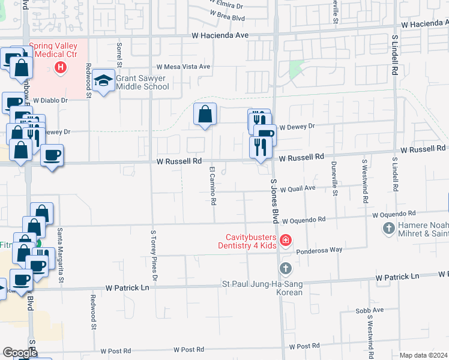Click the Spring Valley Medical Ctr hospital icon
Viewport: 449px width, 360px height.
pyautogui.click(x=60, y=68)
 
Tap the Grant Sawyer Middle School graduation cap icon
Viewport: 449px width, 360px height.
pyautogui.click(x=104, y=81)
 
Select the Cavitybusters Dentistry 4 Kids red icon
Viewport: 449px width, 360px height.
pyautogui.click(x=285, y=241)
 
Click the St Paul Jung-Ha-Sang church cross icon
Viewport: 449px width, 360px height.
pyautogui.click(x=285, y=268)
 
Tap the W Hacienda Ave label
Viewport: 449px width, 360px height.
pyautogui.click(x=220, y=36)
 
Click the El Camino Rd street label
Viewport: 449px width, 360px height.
pyautogui.click(x=212, y=185)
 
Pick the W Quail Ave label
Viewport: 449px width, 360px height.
pyautogui.click(x=298, y=188)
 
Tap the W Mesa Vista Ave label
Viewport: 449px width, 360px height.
pyautogui.click(x=183, y=67)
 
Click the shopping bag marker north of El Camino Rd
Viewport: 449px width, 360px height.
pyautogui.click(x=205, y=114)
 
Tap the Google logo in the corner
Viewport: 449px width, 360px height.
pyautogui.click(x=19, y=353)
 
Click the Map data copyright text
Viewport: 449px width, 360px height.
pyautogui.click(x=423, y=355)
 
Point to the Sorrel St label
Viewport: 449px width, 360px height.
pyautogui.click(x=119, y=54)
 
